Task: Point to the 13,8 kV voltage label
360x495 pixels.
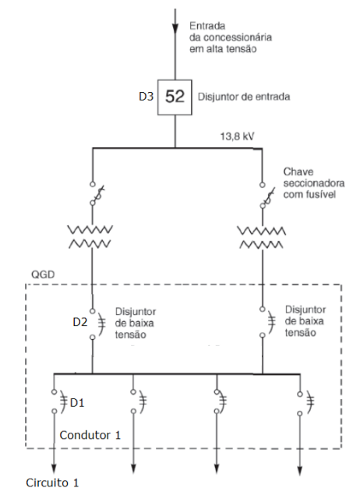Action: click(238, 136)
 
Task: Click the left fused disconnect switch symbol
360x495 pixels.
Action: click(93, 193)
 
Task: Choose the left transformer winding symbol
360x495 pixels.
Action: click(93, 237)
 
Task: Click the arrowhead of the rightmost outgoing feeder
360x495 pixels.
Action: click(301, 469)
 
